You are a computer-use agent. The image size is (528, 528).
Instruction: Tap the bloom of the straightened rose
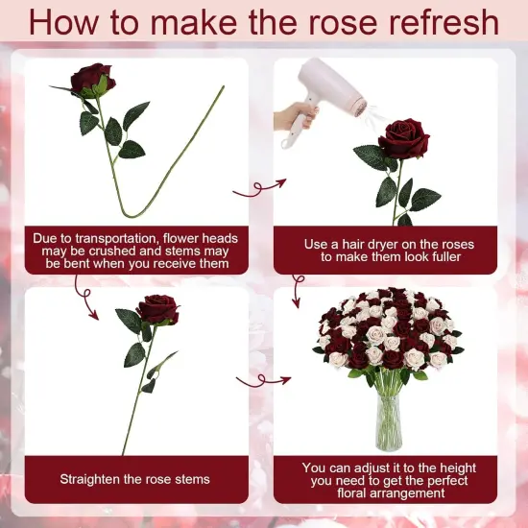click(x=157, y=309)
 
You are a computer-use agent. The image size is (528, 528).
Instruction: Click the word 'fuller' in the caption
click(x=440, y=257)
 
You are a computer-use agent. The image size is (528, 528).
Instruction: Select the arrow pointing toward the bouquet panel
click(x=253, y=380)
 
